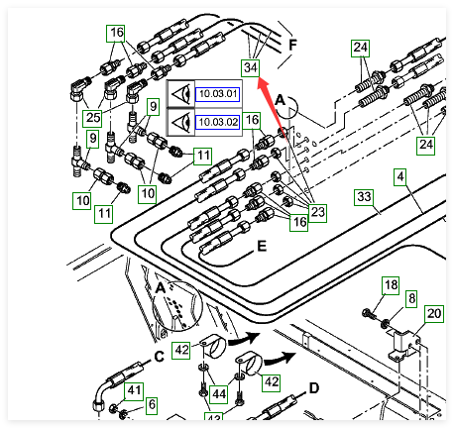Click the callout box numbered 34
click(251, 67)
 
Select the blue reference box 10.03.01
click(217, 94)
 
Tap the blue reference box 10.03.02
click(217, 122)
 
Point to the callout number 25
click(92, 117)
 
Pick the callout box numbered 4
click(400, 176)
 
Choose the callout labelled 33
click(364, 197)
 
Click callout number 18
click(391, 285)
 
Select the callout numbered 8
click(411, 299)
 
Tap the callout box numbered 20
click(434, 313)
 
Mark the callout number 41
click(134, 390)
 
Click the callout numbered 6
click(152, 404)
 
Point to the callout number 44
click(219, 394)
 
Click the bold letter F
click(292, 45)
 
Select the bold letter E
click(262, 247)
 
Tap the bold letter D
click(313, 388)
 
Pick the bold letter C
click(160, 357)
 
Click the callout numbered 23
click(317, 212)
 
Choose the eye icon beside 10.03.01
click(180, 94)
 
